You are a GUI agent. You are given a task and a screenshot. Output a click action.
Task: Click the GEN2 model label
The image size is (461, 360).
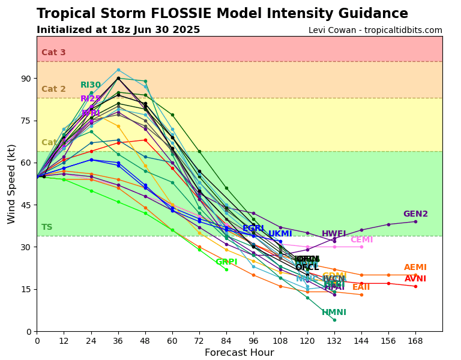coord(415,214)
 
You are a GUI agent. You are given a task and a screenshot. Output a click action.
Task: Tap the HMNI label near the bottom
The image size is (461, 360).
coord(334,313)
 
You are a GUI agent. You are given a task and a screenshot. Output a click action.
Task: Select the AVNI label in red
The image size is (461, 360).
coord(415,279)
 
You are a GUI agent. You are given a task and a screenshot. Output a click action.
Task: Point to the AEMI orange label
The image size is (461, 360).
coord(415,268)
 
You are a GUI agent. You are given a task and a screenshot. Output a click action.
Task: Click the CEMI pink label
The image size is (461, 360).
coord(361,240)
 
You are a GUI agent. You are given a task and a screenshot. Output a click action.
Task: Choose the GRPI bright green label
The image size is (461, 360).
coord(226,262)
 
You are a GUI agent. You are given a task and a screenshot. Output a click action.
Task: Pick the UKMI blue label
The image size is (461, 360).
coord(280,234)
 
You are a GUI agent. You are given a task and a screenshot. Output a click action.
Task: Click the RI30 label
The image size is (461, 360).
coord(91,85)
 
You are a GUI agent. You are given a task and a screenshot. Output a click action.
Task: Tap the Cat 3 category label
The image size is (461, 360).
coord(53,53)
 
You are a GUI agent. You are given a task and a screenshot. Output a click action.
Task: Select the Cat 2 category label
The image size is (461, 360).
coord(53,89)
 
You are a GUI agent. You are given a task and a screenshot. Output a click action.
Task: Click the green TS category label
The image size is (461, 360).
coord(47,227)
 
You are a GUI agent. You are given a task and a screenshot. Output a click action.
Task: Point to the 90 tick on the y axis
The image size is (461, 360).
coord(26,79)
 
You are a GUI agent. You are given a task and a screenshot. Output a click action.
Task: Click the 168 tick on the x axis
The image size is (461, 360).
coord(415,340)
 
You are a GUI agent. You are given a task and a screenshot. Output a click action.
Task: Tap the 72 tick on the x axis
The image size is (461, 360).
coord(199,340)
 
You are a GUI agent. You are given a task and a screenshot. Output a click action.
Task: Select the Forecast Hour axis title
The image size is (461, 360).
coord(239,353)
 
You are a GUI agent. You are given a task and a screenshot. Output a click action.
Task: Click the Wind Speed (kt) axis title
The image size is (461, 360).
coord(11,184)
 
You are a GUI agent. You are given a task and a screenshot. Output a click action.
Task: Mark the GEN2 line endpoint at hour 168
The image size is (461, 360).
coord(415,221)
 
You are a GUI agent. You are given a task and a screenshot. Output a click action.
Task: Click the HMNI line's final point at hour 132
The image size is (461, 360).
coord(334,320)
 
